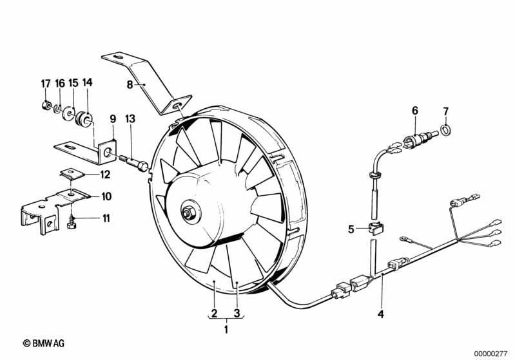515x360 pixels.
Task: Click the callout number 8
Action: pyautogui.click(x=130, y=85)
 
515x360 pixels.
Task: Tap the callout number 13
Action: pyautogui.click(x=130, y=118)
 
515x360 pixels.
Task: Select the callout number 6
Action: pyautogui.click(x=415, y=111)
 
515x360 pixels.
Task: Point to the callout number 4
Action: pyautogui.click(x=381, y=314)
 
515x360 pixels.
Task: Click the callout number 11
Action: pyautogui.click(x=106, y=218)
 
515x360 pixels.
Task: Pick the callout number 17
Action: pyautogui.click(x=46, y=84)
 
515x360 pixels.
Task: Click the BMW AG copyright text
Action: pyautogui.click(x=44, y=343)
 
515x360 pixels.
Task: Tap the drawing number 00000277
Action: pyautogui.click(x=491, y=354)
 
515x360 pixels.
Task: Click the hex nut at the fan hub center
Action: pyautogui.click(x=188, y=213)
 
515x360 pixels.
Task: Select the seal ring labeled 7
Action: pyautogui.click(x=445, y=129)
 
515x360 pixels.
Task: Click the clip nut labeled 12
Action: pyautogui.click(x=72, y=174)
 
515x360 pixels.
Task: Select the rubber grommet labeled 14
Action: pyautogui.click(x=84, y=119)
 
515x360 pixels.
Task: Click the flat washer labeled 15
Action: pyautogui.click(x=68, y=113)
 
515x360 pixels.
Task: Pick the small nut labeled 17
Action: pyautogui.click(x=46, y=106)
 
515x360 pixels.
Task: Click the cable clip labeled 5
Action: pyautogui.click(x=375, y=228)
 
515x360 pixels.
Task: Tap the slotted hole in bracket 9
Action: pyautogui.click(x=71, y=146)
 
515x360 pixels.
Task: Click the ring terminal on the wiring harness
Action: pyautogui.click(x=403, y=239)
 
